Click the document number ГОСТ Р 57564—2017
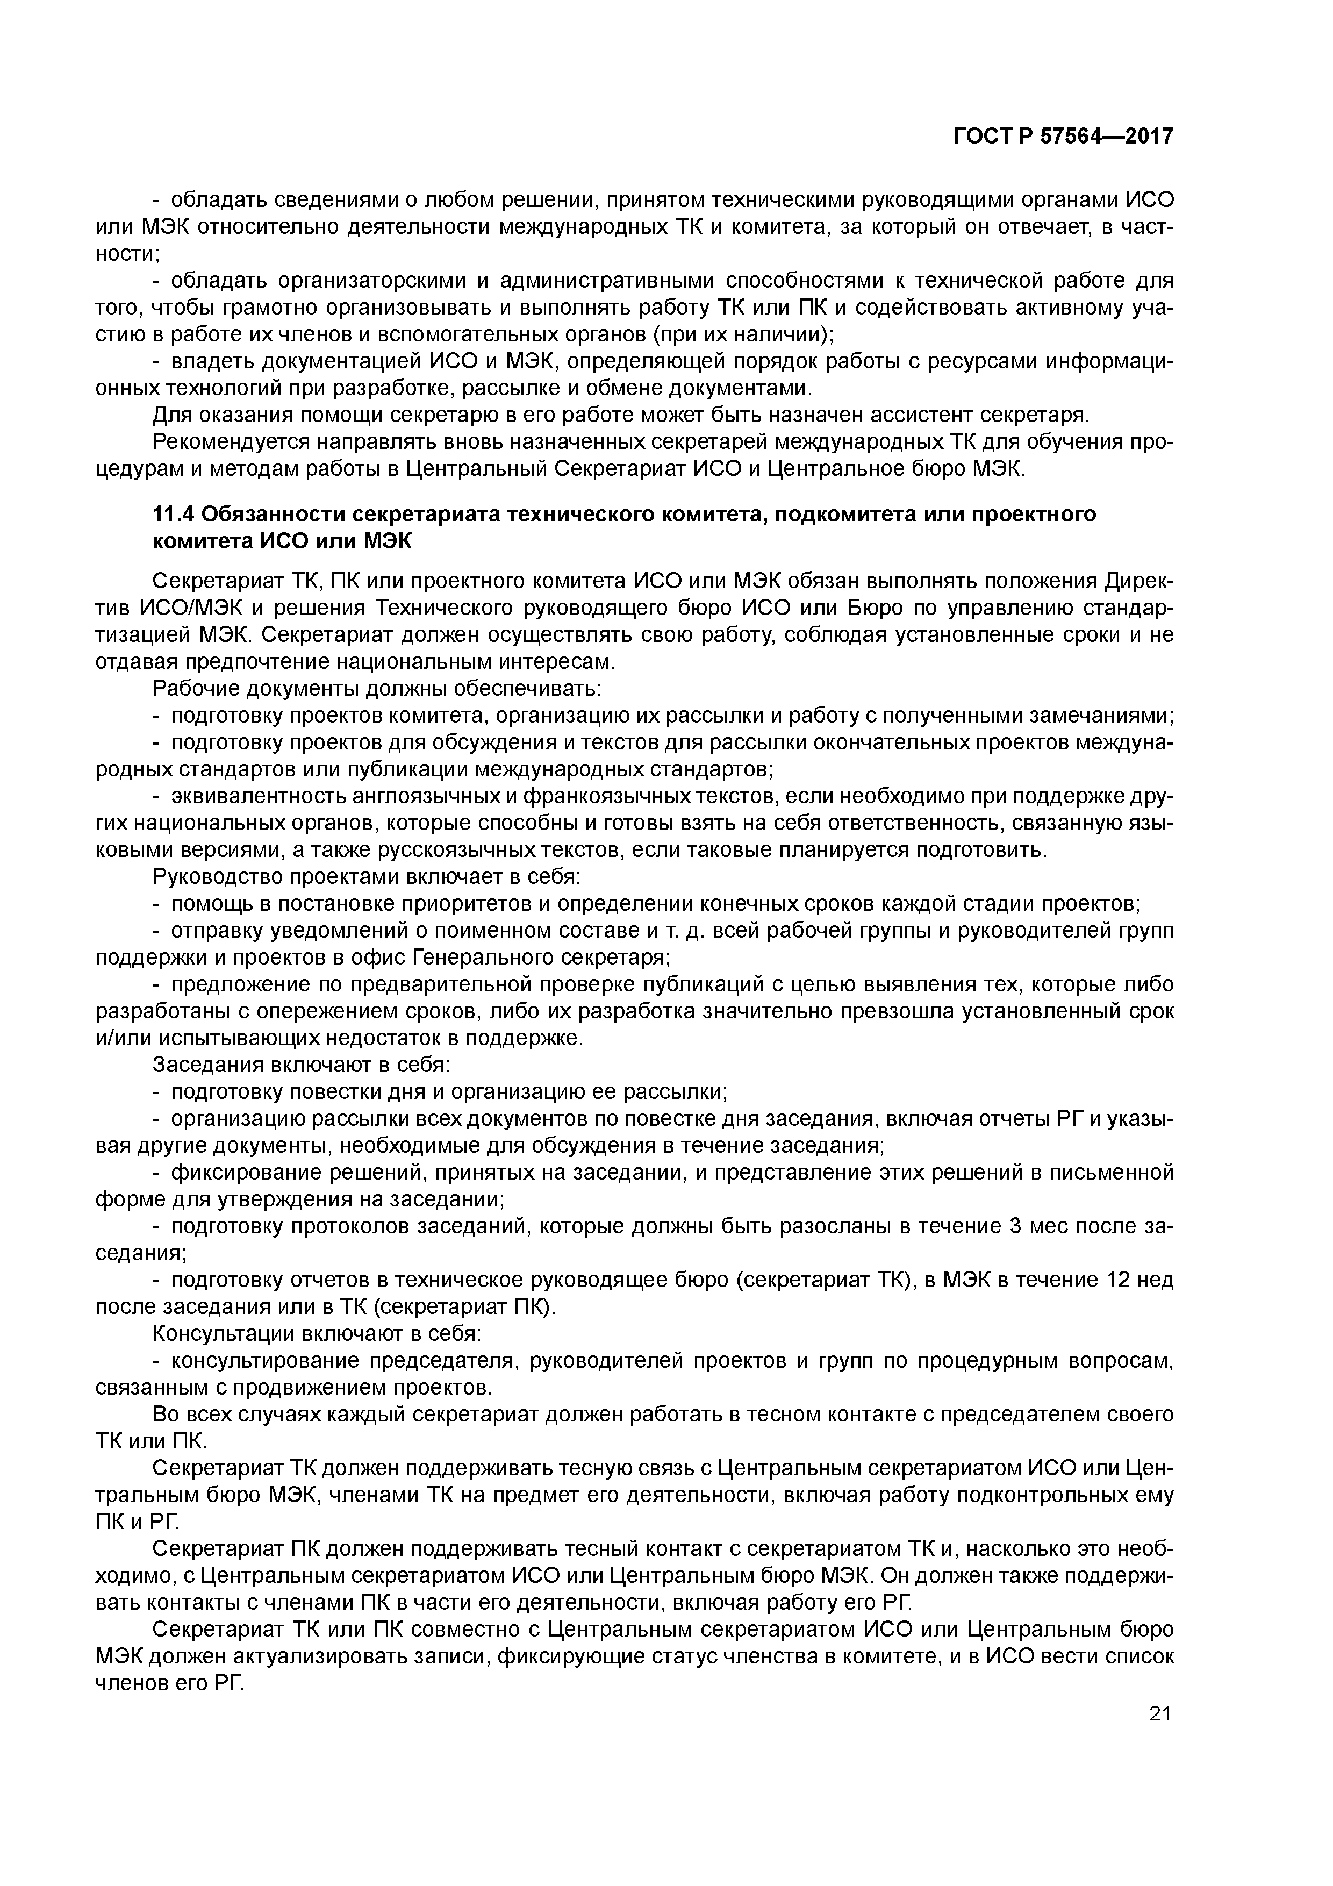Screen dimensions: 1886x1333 click(1063, 137)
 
